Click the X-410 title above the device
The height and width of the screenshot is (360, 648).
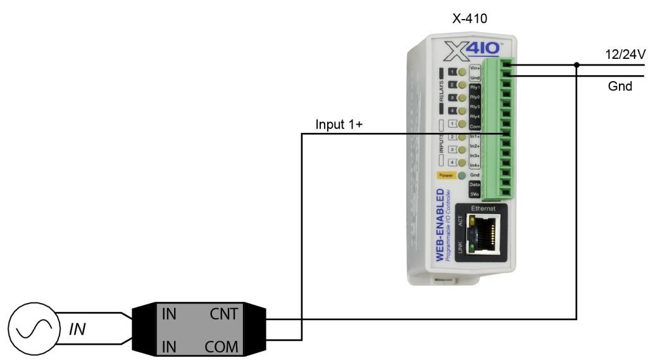point(470,18)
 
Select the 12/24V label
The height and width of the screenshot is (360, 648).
point(625,55)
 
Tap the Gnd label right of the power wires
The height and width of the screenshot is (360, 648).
point(620,86)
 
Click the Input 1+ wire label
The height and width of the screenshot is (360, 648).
point(339,125)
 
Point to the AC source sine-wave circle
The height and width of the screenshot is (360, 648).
point(30,330)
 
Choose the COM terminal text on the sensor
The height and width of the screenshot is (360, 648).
point(221,346)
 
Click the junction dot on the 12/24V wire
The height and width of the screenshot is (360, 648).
point(576,65)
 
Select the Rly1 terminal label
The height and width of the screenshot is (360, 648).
point(475,87)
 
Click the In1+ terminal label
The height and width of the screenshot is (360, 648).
point(475,136)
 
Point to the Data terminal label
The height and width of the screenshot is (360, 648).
point(475,183)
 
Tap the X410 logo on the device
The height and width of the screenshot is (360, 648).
point(473,50)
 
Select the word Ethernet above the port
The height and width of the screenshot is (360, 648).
point(483,208)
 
